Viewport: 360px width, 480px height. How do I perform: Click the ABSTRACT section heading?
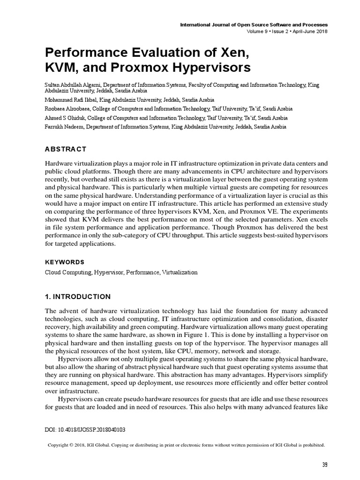[x=65, y=149]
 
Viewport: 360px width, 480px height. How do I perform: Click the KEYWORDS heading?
[x=64, y=262]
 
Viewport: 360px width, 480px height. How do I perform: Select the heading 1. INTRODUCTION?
[x=77, y=297]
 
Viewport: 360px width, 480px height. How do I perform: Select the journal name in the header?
[x=254, y=24]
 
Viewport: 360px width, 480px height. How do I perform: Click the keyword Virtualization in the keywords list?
[x=180, y=272]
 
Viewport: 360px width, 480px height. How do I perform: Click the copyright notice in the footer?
[x=187, y=445]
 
